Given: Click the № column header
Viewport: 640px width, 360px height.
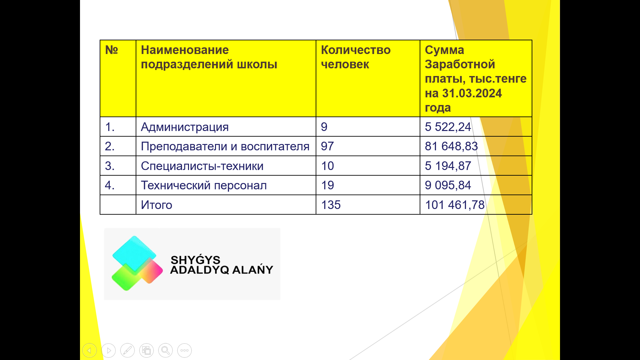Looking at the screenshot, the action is (x=111, y=50).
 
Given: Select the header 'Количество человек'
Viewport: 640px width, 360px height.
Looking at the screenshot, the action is (x=356, y=57).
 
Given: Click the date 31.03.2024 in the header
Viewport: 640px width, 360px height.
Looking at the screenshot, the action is (x=472, y=93).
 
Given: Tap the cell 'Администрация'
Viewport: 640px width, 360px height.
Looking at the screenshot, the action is (x=185, y=127).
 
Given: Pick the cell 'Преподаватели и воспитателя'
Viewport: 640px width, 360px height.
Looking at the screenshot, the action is (x=225, y=146).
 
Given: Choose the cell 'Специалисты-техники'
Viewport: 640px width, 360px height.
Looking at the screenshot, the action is (x=202, y=166).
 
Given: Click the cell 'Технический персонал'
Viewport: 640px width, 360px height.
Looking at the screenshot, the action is (x=204, y=185).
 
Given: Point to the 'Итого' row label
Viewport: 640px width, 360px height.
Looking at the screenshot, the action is (x=156, y=205).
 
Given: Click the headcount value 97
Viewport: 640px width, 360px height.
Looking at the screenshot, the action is (x=327, y=146).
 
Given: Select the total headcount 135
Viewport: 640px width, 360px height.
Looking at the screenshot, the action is (x=331, y=205).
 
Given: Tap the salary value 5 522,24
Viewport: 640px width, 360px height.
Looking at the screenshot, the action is (x=448, y=127).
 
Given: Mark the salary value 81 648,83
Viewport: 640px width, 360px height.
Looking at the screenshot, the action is (x=451, y=146).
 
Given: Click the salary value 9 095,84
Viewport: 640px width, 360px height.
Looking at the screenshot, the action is (x=448, y=185).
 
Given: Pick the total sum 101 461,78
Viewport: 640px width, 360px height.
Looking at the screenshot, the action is (x=455, y=205).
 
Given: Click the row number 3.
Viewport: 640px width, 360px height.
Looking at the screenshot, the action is (x=110, y=166).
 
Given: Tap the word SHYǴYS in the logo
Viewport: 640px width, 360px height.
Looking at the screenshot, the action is (x=195, y=259).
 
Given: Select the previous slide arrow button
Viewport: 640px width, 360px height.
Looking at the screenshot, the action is (x=89, y=350).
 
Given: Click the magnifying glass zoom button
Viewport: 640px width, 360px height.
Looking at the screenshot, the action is (x=165, y=350).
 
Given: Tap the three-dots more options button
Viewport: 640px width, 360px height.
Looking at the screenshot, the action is (x=184, y=350).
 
